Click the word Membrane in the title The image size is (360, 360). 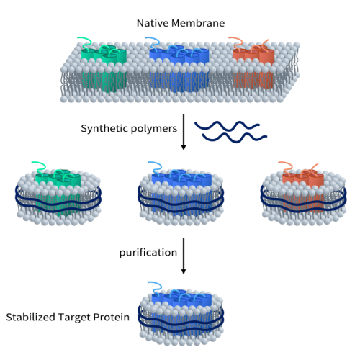[198, 23]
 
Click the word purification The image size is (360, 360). [148, 253]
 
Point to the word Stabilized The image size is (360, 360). [31, 317]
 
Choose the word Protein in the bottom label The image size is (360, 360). [112, 317]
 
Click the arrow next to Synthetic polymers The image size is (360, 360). [184, 132]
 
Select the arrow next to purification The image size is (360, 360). [184, 256]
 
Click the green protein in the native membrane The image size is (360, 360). [104, 68]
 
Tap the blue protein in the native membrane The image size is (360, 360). [179, 68]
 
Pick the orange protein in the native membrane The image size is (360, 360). [253, 68]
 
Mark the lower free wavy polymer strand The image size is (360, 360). [235, 138]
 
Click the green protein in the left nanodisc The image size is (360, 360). [58, 192]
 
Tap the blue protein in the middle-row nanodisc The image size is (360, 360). [181, 192]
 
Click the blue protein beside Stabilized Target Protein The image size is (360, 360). [181, 312]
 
